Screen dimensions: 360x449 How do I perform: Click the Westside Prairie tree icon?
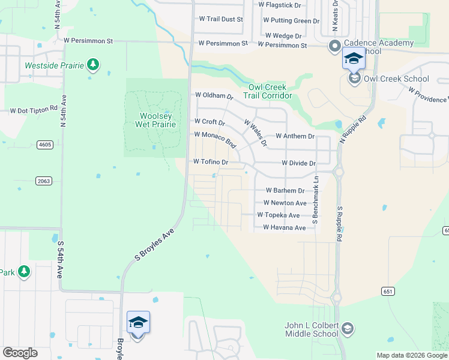(92, 64)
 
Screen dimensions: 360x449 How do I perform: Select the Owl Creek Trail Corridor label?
(267, 91)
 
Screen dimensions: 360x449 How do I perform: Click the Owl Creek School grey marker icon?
(355, 79)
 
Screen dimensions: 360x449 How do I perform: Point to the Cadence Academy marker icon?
(334, 46)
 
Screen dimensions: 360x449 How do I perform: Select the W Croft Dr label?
(209, 122)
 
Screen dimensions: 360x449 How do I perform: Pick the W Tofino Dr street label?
(211, 162)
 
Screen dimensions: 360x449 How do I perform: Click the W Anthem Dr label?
(295, 136)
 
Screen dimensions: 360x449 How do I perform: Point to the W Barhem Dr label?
(286, 190)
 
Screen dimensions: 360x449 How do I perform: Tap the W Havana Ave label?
(285, 228)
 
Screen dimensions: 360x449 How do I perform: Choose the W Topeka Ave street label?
(278, 215)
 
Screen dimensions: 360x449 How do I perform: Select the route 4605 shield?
(44, 145)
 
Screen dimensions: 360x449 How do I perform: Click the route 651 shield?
(387, 291)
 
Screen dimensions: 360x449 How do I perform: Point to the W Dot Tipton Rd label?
(33, 110)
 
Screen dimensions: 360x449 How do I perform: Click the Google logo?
(20, 353)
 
